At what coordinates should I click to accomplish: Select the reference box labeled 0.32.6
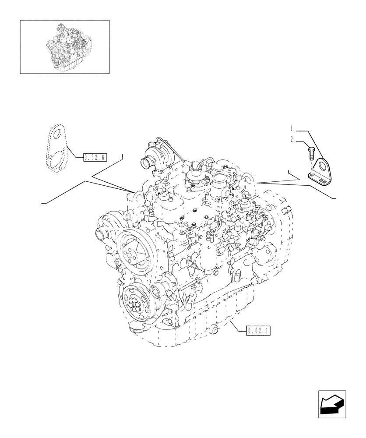coord(95,156)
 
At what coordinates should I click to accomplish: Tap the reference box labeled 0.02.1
coord(258,331)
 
